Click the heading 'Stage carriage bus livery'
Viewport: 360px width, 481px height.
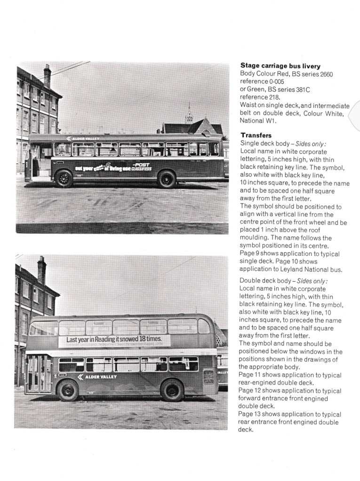[280, 66]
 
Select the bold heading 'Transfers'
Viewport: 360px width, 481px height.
[256, 135]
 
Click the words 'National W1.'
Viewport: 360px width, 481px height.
[258, 120]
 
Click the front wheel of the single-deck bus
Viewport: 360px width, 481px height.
[64, 179]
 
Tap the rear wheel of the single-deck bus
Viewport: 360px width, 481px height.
[167, 179]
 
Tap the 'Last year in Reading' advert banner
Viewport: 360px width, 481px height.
[114, 340]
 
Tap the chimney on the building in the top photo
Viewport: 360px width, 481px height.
[47, 75]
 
